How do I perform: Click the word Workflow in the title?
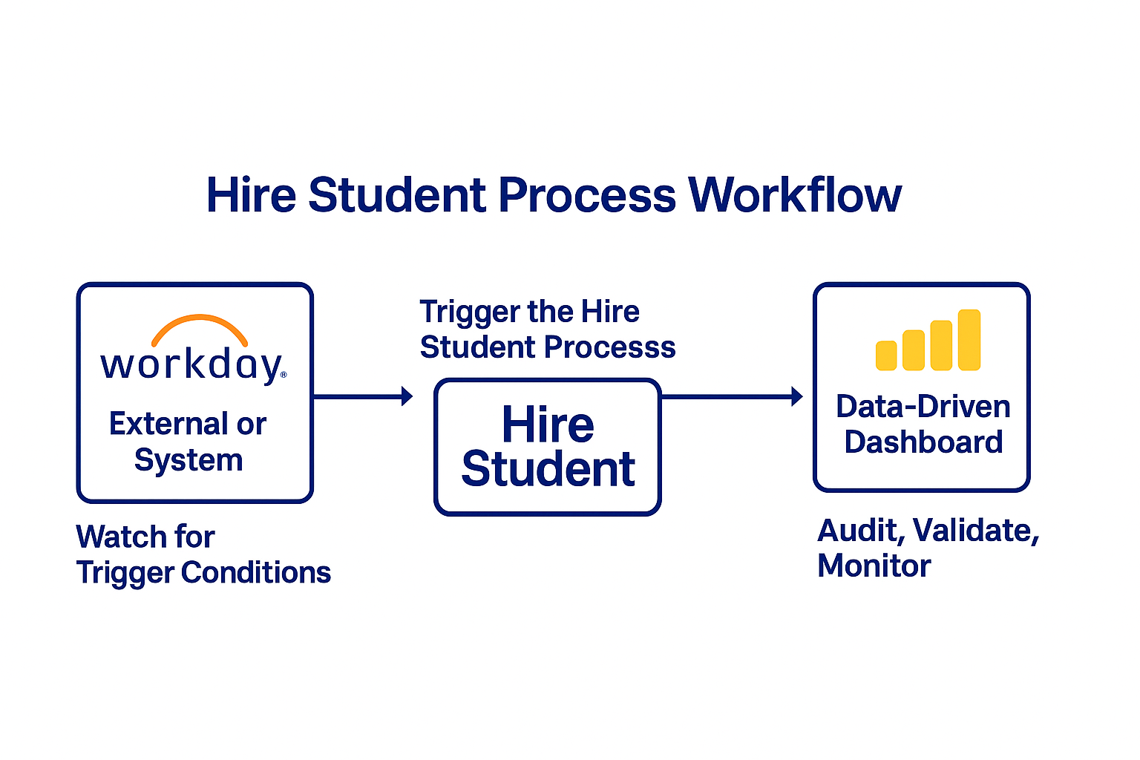[794, 195]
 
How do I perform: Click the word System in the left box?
[189, 461]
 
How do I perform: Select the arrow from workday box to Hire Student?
[363, 396]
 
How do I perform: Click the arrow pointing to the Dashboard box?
[732, 396]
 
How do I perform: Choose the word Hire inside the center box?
[548, 425]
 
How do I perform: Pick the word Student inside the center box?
[548, 469]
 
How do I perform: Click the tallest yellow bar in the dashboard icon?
[969, 339]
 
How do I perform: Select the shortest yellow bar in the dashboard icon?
[886, 356]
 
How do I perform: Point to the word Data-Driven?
[923, 407]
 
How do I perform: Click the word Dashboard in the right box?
[924, 442]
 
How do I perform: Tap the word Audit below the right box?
[861, 531]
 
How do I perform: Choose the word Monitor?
[874, 566]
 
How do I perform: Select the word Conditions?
[256, 573]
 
